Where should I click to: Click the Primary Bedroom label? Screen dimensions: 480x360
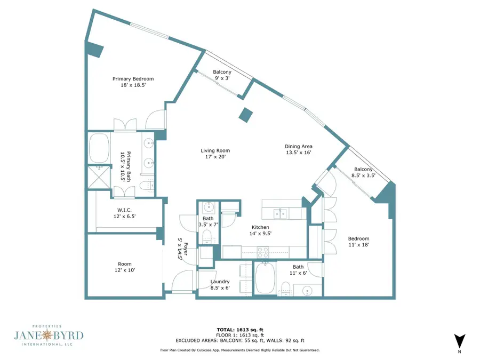pyautogui.click(x=133, y=79)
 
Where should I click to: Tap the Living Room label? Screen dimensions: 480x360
pyautogui.click(x=215, y=150)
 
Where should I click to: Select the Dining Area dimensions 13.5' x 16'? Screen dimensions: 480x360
pyautogui.click(x=299, y=153)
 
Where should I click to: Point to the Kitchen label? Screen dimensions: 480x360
pyautogui.click(x=260, y=227)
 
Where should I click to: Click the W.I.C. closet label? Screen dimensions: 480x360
pyautogui.click(x=124, y=210)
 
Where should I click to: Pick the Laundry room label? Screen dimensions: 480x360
pyautogui.click(x=220, y=282)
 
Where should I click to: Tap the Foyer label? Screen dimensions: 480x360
pyautogui.click(x=186, y=249)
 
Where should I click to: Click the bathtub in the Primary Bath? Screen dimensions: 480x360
pyautogui.click(x=99, y=148)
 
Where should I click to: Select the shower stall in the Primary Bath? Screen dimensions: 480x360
pyautogui.click(x=99, y=177)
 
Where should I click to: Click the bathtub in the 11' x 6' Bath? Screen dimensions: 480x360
pyautogui.click(x=266, y=278)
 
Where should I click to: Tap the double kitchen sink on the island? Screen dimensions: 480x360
pyautogui.click(x=280, y=213)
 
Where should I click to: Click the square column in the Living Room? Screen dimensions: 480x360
pyautogui.click(x=245, y=115)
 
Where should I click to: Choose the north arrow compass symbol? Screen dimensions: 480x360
pyautogui.click(x=459, y=341)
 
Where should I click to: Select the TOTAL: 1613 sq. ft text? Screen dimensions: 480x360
pyautogui.click(x=240, y=330)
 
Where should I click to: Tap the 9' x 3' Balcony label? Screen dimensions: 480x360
pyautogui.click(x=222, y=75)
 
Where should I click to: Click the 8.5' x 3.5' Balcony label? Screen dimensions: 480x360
pyautogui.click(x=363, y=172)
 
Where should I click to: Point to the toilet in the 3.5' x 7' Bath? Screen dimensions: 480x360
pyautogui.click(x=209, y=236)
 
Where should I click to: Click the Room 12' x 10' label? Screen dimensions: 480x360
pyautogui.click(x=125, y=267)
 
